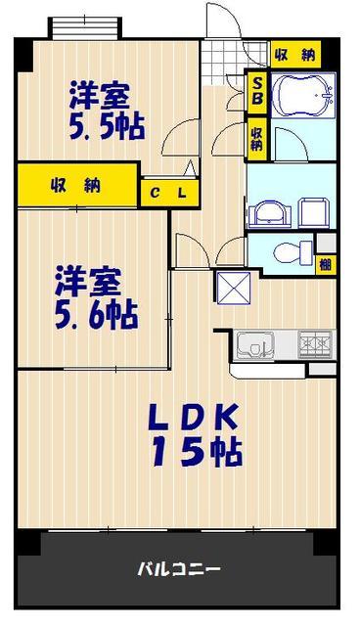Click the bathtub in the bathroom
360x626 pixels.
[303, 95]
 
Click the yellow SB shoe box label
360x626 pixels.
[257, 91]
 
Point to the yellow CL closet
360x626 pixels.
[169, 193]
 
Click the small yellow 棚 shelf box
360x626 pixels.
[326, 264]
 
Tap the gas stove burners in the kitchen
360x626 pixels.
[316, 344]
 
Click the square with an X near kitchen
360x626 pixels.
[234, 289]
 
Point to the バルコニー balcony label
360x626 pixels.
[179, 569]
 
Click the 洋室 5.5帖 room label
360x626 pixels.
[107, 111]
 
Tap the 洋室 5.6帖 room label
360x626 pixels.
[97, 297]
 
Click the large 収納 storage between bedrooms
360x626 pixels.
[78, 185]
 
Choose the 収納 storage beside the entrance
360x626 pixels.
[295, 54]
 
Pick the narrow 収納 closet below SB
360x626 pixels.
[257, 139]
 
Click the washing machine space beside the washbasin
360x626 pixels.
[314, 213]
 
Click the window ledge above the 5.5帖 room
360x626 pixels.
[85, 28]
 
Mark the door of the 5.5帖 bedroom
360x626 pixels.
[180, 136]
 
